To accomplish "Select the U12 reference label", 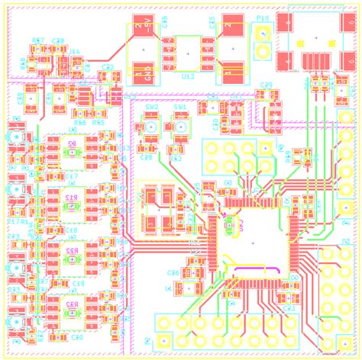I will (x=188, y=77).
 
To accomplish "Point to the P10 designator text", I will (x=262, y=19).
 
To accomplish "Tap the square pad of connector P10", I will (x=262, y=34).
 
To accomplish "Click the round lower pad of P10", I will (x=262, y=52).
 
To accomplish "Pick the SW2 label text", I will (x=152, y=108).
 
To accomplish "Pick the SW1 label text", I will (x=180, y=108).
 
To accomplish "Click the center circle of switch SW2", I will (x=151, y=126).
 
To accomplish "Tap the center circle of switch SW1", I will (x=180, y=126).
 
